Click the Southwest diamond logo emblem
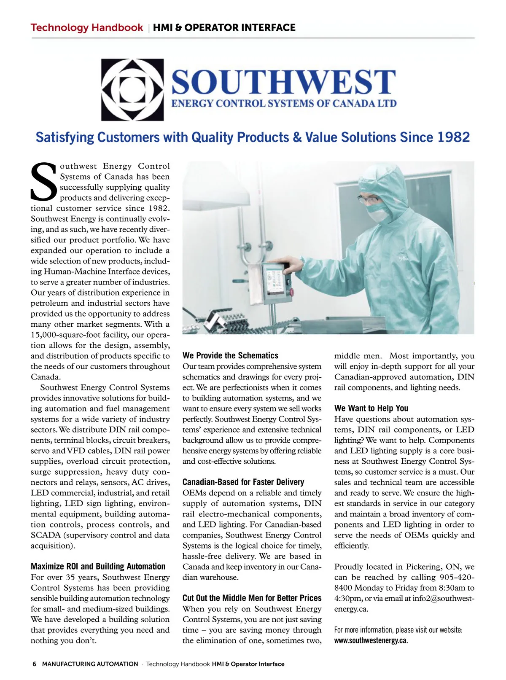[x=132, y=89]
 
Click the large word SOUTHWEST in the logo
[x=283, y=82]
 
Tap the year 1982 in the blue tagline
[x=453, y=137]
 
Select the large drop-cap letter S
[x=43, y=182]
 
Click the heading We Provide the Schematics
[x=230, y=355]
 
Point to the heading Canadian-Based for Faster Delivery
[x=243, y=482]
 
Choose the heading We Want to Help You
[x=371, y=408]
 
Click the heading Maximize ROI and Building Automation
[x=98, y=566]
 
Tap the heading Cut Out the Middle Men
[x=252, y=598]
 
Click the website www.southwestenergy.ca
[x=371, y=640]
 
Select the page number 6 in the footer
[x=35, y=664]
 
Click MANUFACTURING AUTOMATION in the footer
[x=90, y=664]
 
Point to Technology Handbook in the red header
[x=86, y=28]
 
